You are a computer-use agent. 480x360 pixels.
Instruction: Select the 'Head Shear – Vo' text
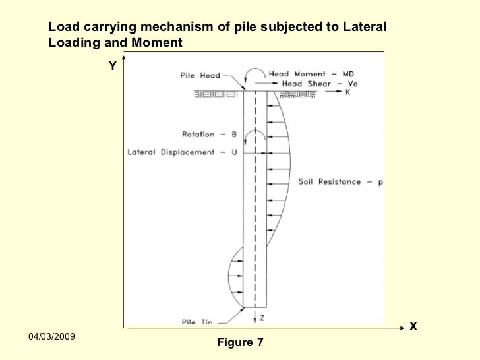tap(320, 84)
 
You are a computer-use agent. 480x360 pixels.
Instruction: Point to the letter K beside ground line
tap(347, 92)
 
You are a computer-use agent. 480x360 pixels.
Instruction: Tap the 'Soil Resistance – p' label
tap(341, 181)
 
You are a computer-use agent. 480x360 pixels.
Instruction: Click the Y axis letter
tap(113, 66)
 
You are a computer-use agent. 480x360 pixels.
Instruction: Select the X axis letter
tap(413, 326)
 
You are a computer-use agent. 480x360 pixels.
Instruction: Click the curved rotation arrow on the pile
tap(255, 135)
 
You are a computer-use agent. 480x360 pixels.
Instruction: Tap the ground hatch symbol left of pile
tap(216, 94)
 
